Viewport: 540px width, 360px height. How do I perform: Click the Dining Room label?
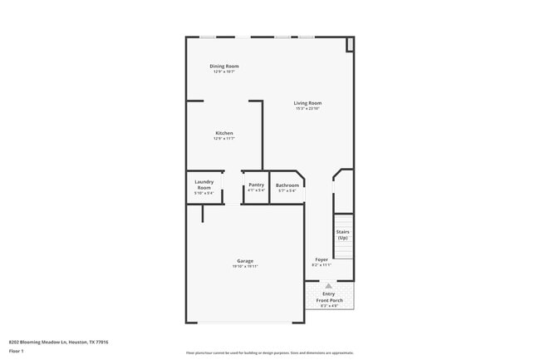pos(223,66)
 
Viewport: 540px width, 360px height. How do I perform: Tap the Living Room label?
pos(307,103)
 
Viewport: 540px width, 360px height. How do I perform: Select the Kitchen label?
pos(223,133)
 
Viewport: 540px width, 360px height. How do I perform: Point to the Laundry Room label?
pos(204,185)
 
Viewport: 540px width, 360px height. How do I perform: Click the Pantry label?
pos(256,185)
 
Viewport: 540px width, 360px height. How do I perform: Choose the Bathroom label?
pos(287,185)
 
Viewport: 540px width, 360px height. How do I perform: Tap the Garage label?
pos(245,261)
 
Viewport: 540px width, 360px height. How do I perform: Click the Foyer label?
pos(322,260)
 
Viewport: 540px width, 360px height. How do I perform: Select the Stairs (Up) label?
pos(342,234)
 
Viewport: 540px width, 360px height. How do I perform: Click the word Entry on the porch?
pos(329,293)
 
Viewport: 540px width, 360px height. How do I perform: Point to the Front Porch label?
pos(330,299)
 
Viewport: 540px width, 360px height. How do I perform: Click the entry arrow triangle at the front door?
pos(329,285)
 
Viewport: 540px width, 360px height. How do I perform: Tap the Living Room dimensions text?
pos(307,109)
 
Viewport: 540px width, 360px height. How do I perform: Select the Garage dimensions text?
pos(245,267)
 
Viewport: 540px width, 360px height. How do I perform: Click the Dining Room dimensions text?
pos(223,72)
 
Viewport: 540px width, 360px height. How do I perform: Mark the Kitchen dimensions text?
pos(223,139)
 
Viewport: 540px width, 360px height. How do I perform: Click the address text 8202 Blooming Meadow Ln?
pos(58,342)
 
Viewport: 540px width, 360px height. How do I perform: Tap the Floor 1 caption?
pos(16,351)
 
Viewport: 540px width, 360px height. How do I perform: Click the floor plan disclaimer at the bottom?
pos(269,353)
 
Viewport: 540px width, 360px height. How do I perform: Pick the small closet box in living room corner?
pos(350,44)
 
